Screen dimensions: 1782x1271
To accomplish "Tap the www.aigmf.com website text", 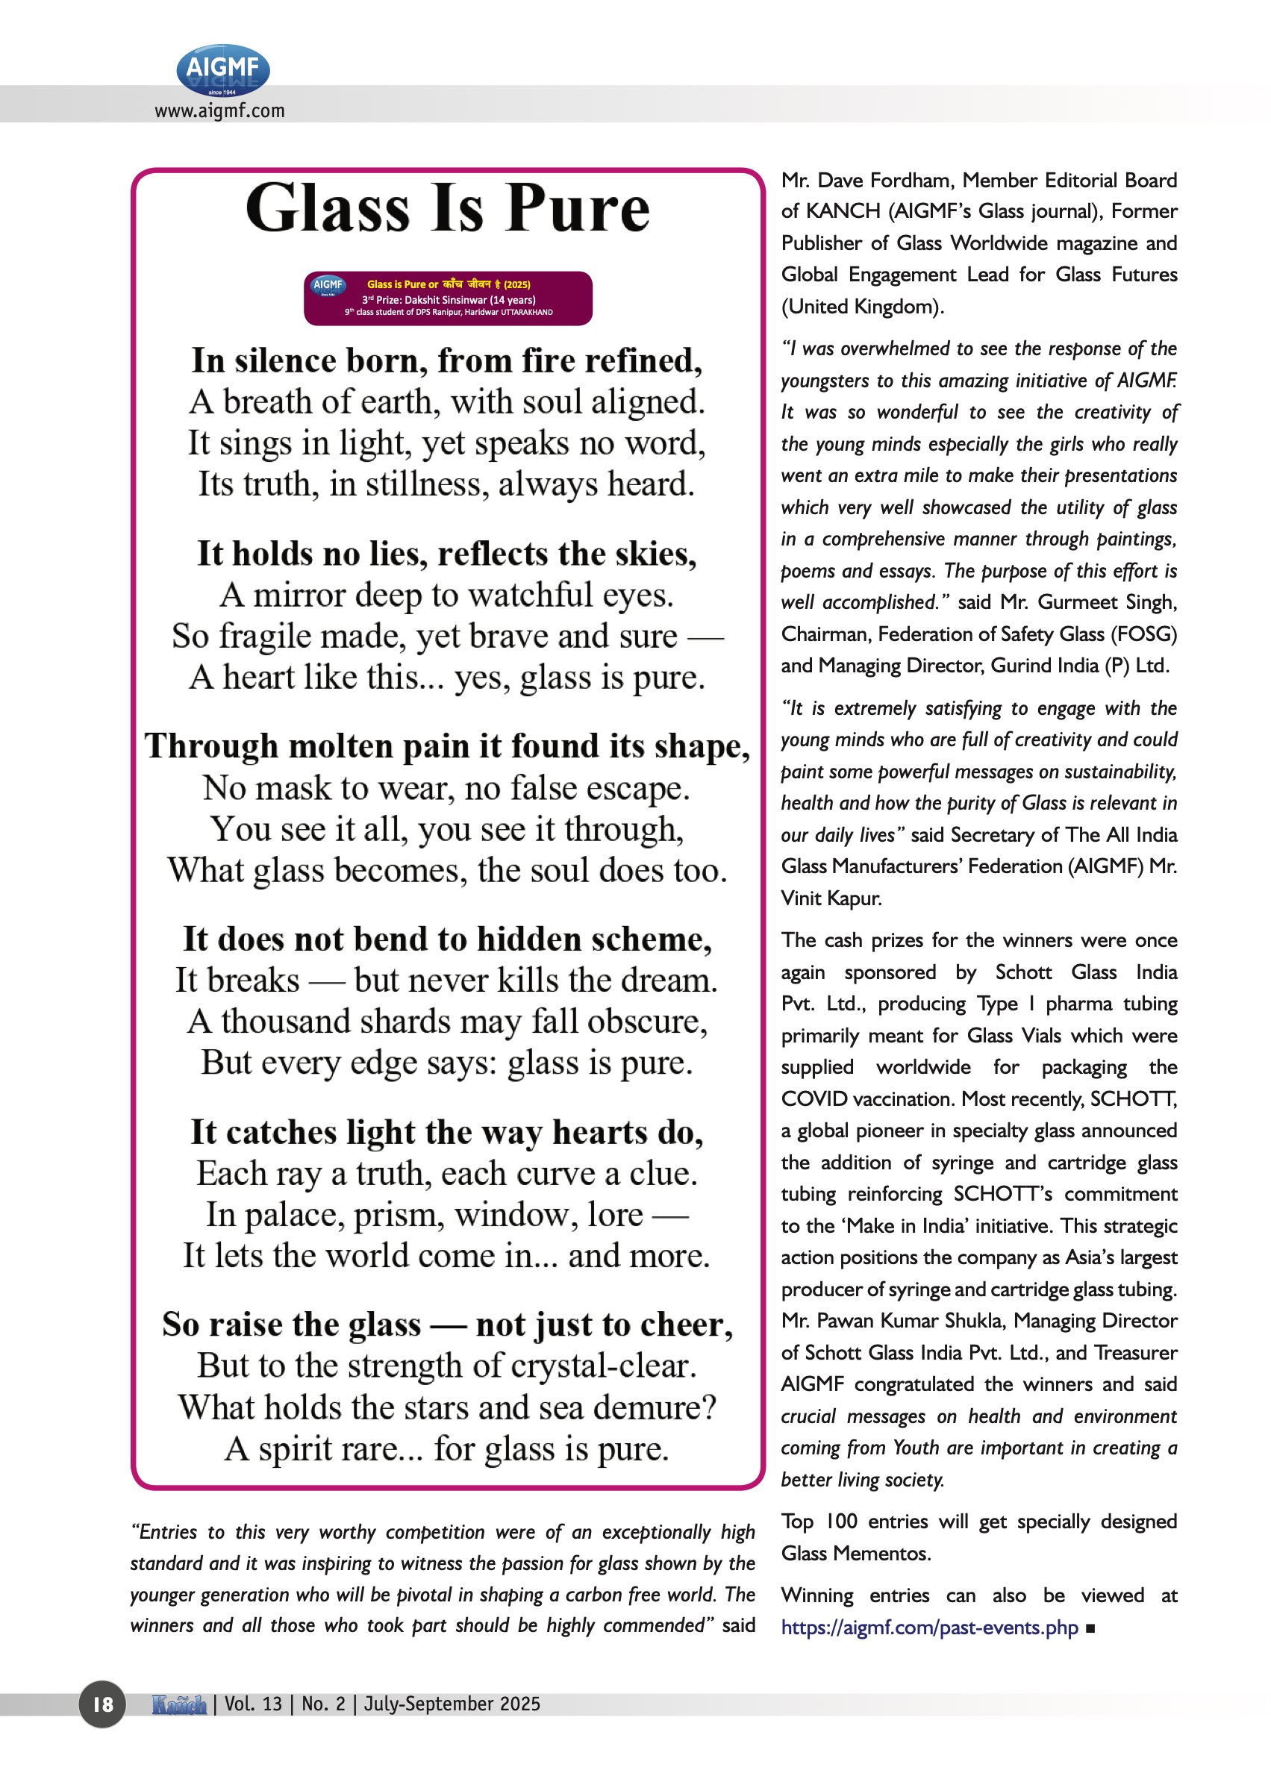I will click(219, 111).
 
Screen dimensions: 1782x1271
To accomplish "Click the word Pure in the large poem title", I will click(578, 209).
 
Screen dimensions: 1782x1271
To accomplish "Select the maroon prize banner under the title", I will click(448, 298).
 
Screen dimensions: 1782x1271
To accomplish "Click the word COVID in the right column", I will click(814, 1099).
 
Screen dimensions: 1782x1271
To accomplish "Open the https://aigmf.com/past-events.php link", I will click(930, 1628).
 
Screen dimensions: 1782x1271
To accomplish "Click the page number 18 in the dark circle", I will click(102, 1704).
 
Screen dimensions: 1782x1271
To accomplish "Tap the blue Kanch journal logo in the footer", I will click(179, 1704).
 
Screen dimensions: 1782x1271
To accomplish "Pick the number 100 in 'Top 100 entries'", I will click(841, 1522).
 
